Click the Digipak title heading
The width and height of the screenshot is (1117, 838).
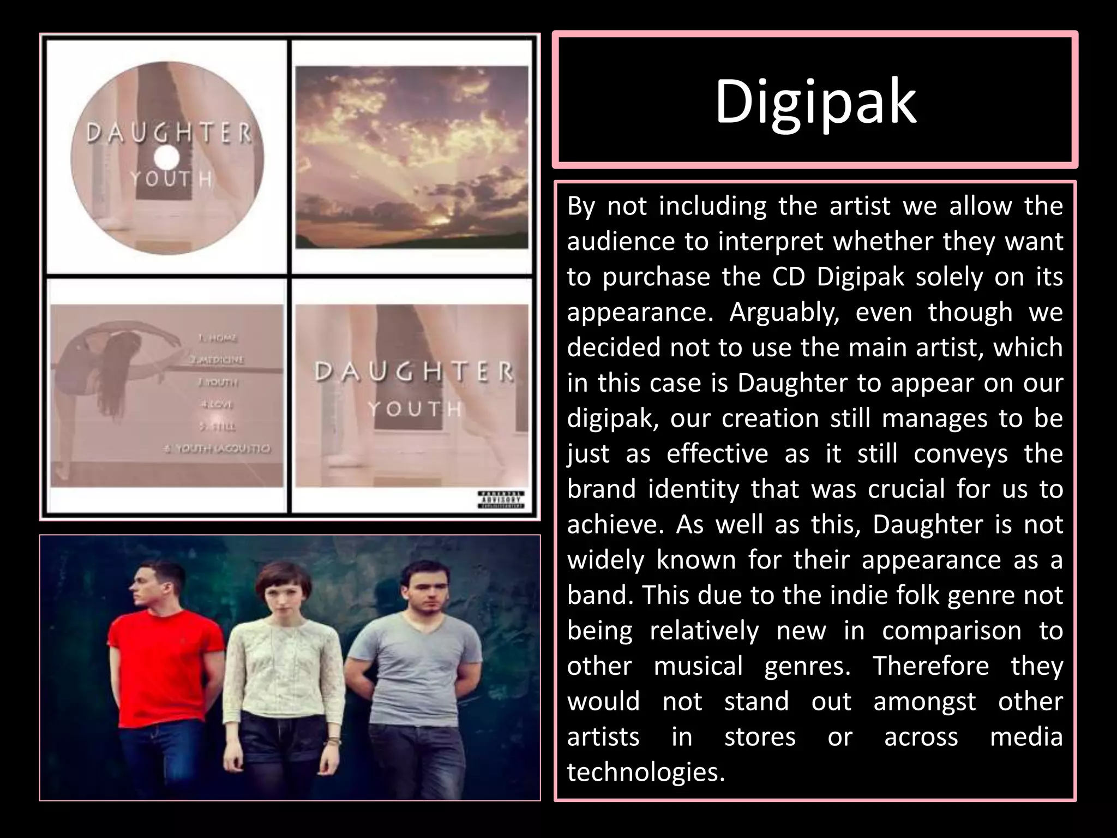coord(815,101)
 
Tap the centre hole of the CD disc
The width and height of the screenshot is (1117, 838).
coord(167,159)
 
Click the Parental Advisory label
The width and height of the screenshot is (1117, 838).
coord(501,499)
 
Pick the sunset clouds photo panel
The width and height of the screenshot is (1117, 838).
coord(412,157)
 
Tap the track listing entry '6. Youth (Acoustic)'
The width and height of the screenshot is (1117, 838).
coord(217,448)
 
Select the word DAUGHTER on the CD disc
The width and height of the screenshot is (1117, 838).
coord(169,133)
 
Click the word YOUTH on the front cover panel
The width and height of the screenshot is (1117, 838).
coord(415,409)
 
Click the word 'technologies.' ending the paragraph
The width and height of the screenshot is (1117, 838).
coord(646,773)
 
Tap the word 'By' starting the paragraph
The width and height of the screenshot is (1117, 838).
coord(581,206)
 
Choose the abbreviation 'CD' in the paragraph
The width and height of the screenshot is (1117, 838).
coord(788,277)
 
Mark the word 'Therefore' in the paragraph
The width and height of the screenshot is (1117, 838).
coord(930,666)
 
